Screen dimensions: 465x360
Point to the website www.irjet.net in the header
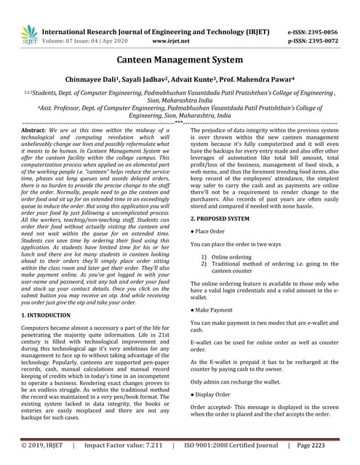(169, 42)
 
